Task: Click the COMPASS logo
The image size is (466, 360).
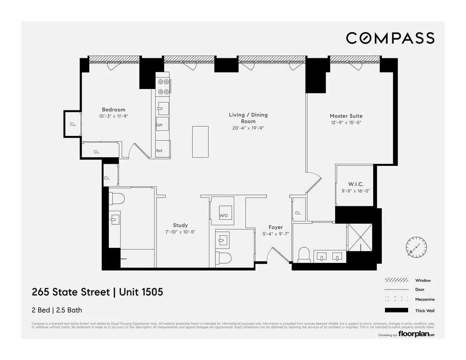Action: (390, 38)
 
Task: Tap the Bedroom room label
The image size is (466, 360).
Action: (113, 110)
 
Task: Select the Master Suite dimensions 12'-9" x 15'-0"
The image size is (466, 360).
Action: (346, 123)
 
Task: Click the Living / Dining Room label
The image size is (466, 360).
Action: (248, 118)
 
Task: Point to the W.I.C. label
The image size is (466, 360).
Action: (356, 184)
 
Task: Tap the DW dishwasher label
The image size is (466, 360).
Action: (159, 125)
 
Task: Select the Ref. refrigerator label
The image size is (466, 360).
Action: (160, 151)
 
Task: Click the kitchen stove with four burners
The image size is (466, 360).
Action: (163, 87)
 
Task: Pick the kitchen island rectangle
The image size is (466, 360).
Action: (200, 142)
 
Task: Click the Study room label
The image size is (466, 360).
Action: (180, 225)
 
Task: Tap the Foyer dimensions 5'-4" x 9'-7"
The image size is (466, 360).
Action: (276, 234)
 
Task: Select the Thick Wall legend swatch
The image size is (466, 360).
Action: (396, 310)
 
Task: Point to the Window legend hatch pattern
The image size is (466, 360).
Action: (396, 280)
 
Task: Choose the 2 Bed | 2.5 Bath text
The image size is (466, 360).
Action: (57, 310)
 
